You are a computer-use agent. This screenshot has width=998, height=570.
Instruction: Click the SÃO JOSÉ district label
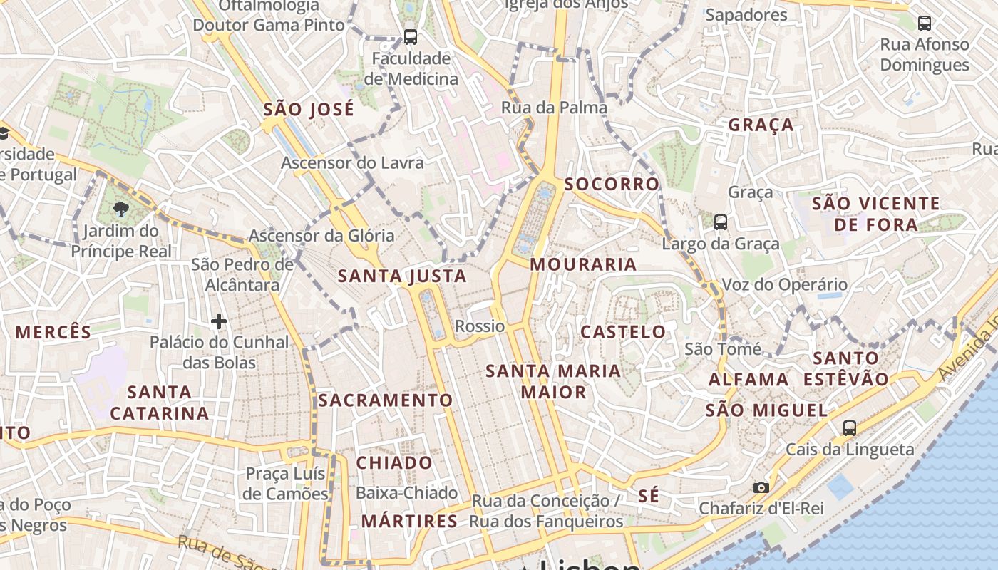click(x=308, y=110)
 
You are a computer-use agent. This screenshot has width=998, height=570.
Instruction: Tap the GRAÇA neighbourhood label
click(x=761, y=125)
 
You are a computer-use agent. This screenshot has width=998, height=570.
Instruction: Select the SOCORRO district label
click(x=612, y=185)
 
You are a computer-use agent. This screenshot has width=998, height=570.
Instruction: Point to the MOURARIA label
click(x=583, y=264)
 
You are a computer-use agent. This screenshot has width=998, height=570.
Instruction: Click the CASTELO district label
click(x=623, y=332)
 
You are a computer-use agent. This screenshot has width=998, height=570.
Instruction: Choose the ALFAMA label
click(x=748, y=380)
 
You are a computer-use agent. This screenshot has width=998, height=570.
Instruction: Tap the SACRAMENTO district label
click(x=386, y=400)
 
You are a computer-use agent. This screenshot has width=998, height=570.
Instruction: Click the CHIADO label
click(x=394, y=463)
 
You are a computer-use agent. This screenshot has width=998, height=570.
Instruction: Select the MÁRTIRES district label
click(x=409, y=522)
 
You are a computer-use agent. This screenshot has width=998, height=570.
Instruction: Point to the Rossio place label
click(x=480, y=326)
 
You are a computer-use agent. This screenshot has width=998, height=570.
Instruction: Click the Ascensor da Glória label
click(x=321, y=235)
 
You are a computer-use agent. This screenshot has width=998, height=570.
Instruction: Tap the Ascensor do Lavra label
click(x=352, y=162)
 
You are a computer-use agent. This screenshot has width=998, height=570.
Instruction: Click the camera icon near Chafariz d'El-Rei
click(x=761, y=487)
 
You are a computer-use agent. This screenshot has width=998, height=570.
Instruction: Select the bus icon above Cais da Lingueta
click(x=849, y=428)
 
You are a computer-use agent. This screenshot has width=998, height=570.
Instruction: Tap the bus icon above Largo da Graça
click(x=721, y=222)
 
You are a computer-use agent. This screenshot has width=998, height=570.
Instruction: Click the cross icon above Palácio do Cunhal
click(x=219, y=322)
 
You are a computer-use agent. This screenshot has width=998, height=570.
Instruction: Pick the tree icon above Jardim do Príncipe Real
click(x=120, y=209)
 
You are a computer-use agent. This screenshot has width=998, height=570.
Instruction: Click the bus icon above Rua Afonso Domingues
click(x=925, y=24)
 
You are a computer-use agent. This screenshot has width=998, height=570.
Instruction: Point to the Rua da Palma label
click(x=554, y=108)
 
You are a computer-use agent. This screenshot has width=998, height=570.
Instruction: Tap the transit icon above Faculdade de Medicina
click(x=410, y=36)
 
